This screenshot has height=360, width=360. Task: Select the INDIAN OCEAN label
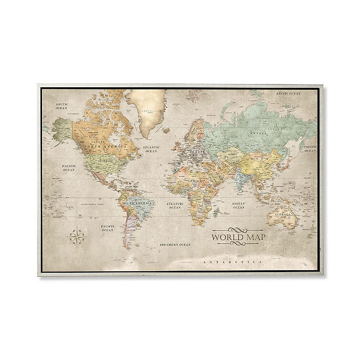[239, 205]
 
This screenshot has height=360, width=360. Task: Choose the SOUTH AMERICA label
[137, 203]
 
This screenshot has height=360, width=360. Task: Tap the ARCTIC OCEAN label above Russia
[289, 93]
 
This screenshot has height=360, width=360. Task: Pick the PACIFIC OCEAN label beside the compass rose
[107, 228]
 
